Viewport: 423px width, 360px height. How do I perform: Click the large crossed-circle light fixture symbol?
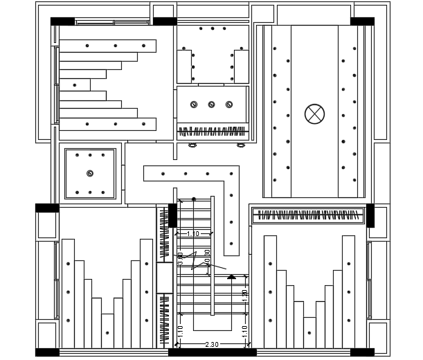click(315, 114)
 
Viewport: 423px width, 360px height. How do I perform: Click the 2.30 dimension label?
click(212, 345)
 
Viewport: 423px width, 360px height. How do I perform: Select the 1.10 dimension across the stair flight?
click(192, 234)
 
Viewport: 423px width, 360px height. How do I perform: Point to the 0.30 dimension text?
click(207, 255)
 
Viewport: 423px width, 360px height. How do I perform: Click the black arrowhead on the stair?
click(231, 277)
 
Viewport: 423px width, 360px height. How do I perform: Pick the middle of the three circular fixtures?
click(211, 105)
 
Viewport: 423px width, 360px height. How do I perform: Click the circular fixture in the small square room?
click(90, 173)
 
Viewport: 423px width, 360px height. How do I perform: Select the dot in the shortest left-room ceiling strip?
click(75, 85)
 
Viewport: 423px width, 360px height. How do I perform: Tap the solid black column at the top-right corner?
click(362, 21)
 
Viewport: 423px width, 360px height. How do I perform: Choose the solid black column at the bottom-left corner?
click(47, 352)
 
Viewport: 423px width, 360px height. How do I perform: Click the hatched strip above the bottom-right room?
click(307, 215)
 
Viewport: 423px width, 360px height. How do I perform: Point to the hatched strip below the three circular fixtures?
click(212, 131)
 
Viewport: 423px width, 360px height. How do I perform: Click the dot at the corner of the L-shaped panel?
click(231, 174)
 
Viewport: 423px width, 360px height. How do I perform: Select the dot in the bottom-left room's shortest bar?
click(107, 333)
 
